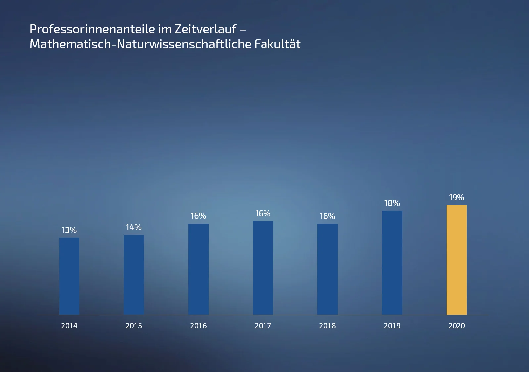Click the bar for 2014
(69, 276)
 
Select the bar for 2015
(134, 275)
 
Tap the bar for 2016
(198, 269)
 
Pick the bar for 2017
(263, 268)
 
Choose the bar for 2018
(327, 269)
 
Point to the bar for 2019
(392, 263)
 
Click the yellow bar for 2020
(457, 260)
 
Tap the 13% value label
(69, 230)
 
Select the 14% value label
(134, 227)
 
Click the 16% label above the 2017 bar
(263, 214)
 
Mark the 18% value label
(392, 203)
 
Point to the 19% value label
(457, 197)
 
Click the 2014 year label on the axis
(69, 326)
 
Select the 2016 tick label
(198, 326)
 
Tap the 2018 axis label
(327, 326)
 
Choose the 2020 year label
(457, 326)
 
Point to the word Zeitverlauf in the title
(206, 29)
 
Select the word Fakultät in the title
(277, 44)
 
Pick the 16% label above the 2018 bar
(327, 216)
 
